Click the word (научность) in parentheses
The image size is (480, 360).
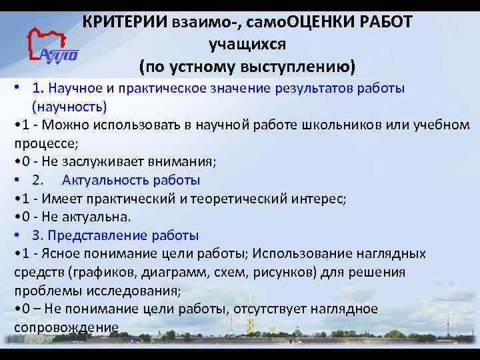click(x=69, y=107)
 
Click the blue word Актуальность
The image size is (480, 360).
click(x=106, y=180)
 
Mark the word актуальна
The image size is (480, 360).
click(x=100, y=217)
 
